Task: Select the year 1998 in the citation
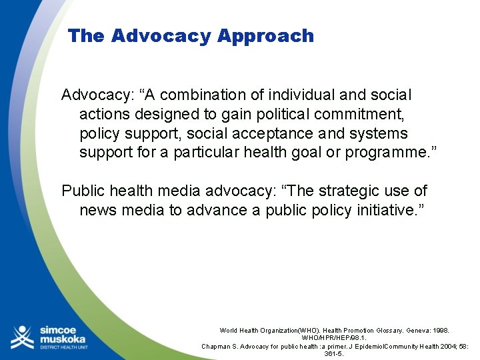[x=439, y=331]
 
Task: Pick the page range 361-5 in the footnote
[x=334, y=354]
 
